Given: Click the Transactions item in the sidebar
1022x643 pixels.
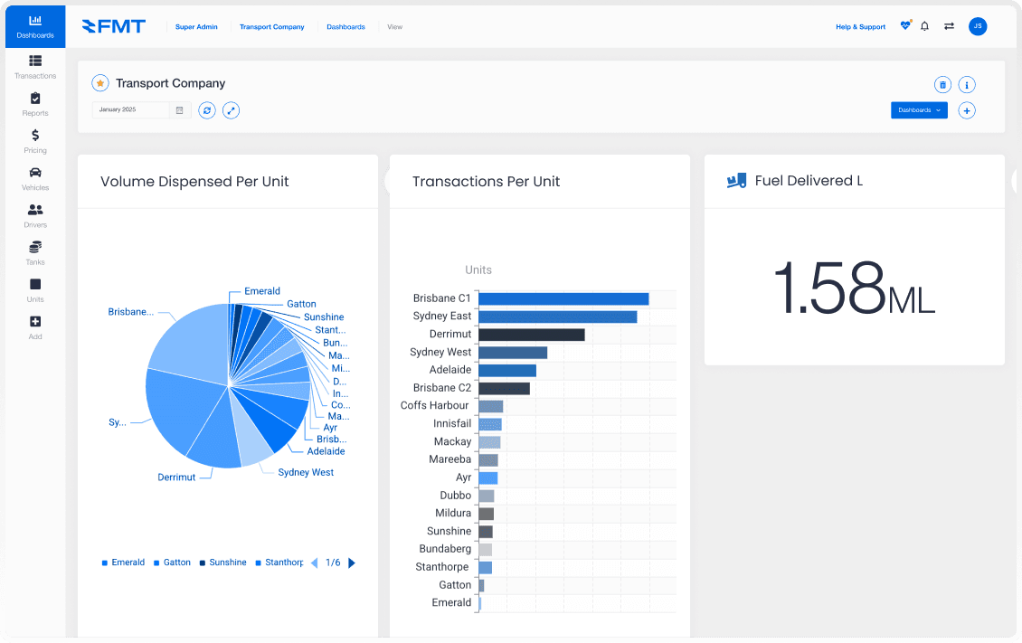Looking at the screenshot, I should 34,66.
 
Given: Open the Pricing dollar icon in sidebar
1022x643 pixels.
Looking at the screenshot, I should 34,140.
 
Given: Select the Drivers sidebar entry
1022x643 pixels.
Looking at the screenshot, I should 34,214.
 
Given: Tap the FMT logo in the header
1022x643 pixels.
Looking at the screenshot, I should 113,26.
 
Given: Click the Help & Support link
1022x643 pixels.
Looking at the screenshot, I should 860,27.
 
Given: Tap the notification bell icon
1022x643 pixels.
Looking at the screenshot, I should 924,26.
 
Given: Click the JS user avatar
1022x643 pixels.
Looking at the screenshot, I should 977,26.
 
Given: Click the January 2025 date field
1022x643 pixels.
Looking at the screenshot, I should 131,109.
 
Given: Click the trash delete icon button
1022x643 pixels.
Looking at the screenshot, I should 942,85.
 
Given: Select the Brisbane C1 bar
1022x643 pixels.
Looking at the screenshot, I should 563,298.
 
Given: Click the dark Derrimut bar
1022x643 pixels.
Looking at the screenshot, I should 531,335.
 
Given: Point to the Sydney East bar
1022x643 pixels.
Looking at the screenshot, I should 557,317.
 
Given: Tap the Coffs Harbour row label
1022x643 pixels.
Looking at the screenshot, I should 435,405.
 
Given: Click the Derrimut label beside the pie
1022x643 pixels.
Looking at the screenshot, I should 176,478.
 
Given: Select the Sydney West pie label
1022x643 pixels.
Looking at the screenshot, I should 306,472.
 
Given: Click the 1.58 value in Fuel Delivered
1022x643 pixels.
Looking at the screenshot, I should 828,288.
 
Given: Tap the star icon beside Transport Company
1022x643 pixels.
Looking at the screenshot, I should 100,83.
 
